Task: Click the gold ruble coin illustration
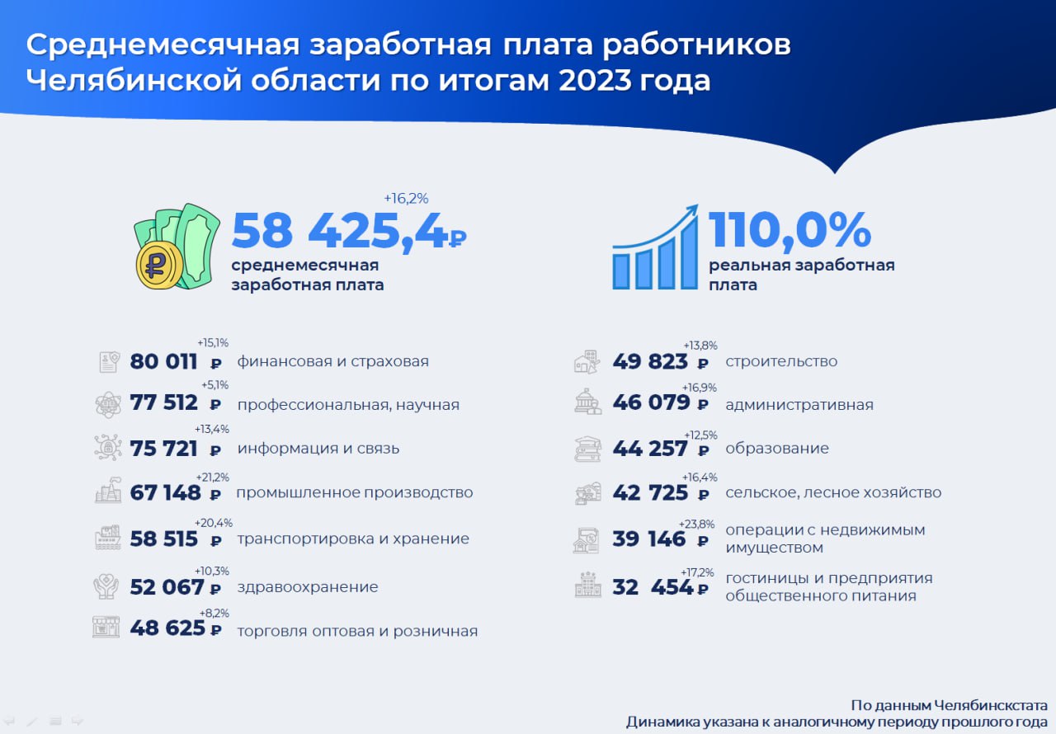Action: pos(159,266)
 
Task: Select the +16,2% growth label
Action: pos(406,198)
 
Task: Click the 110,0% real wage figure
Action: pos(790,230)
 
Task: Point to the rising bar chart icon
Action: pos(655,247)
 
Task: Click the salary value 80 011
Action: pos(163,361)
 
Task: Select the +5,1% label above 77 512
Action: pos(215,385)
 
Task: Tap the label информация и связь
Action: pos(318,448)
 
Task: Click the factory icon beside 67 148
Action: pos(108,490)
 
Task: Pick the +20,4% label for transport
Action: pos(214,523)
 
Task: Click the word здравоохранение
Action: pos(308,587)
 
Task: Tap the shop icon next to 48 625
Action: pos(106,627)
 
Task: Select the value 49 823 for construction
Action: pos(650,361)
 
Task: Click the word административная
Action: pos(799,405)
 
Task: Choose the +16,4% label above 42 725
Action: pos(700,478)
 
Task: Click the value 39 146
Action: pos(649,539)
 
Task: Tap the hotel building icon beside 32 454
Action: pos(588,585)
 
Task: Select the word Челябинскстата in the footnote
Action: pos(991,705)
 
